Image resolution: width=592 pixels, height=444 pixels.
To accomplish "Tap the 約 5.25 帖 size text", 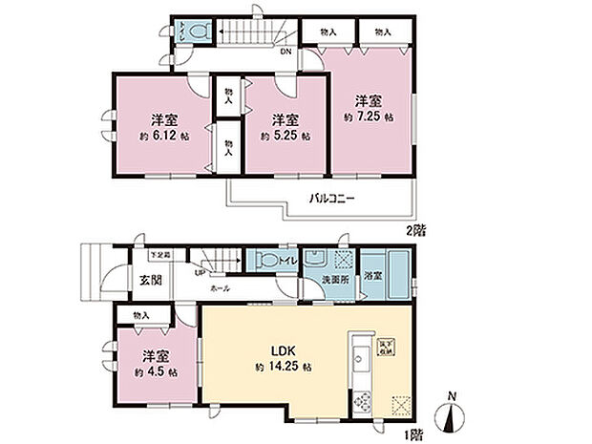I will (x=285, y=136).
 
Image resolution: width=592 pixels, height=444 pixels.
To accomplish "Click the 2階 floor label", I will (x=414, y=230).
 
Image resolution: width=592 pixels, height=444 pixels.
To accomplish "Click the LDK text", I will (x=285, y=347).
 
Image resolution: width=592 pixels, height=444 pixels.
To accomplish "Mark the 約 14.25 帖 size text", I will (x=285, y=366).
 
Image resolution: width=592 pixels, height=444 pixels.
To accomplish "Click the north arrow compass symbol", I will (x=454, y=416).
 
